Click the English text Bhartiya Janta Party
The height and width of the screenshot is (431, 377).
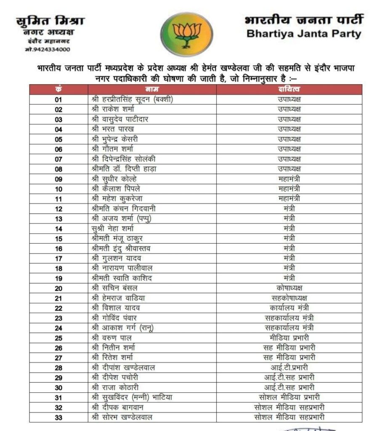[304, 34]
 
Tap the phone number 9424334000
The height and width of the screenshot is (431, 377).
[48, 50]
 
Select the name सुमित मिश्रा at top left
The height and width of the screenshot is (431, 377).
[50, 21]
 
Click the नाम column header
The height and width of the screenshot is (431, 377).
[152, 89]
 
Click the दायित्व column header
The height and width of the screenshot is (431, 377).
[289, 89]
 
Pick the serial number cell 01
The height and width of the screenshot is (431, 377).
[58, 100]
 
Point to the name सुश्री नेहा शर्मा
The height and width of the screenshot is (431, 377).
[112, 229]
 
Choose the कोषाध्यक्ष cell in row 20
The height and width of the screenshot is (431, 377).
[289, 288]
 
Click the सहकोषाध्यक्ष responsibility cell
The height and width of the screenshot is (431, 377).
[289, 298]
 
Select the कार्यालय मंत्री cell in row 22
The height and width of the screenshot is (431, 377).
[289, 308]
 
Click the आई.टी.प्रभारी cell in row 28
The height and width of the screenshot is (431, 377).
[289, 367]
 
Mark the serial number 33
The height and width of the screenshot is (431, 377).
[58, 417]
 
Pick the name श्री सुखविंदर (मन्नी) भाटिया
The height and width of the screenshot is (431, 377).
[132, 397]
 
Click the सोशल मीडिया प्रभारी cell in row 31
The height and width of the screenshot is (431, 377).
[289, 397]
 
